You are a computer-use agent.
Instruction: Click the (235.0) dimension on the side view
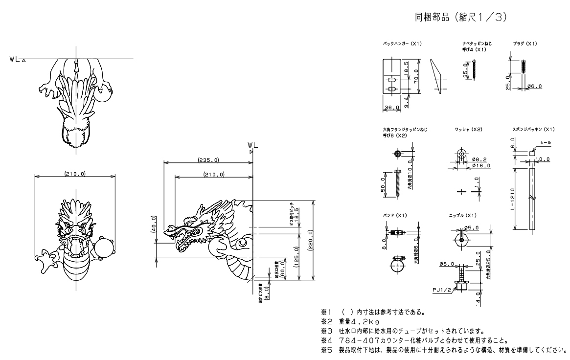208,159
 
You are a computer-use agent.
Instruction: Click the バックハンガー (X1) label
402,44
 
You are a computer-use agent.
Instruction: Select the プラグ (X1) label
525,44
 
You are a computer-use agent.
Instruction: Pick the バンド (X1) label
395,216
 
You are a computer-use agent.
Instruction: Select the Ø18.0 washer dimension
481,166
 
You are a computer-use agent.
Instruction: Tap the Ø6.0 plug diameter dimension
534,86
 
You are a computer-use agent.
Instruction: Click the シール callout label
545,142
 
